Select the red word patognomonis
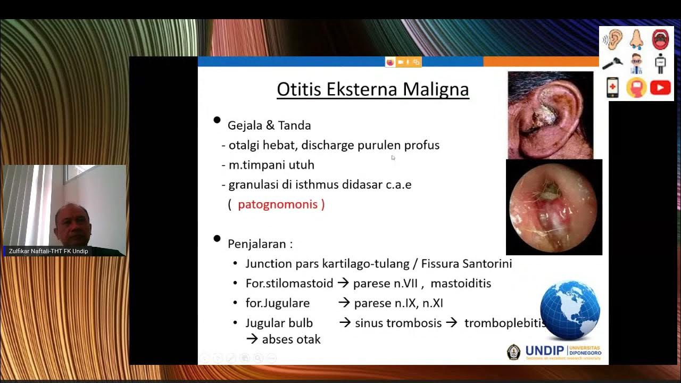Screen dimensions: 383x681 pos(278,204)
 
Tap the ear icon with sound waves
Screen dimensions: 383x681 pos(613,39)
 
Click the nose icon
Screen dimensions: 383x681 pos(636,39)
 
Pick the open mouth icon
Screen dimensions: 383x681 pos(660,39)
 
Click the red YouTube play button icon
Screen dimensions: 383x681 pos(660,87)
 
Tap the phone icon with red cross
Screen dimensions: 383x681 pos(613,87)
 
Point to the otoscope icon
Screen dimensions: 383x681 pos(613,63)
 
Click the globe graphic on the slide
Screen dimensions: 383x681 pos(570,310)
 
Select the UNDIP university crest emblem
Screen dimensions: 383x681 pos(513,352)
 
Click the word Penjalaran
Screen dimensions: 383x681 pos(258,244)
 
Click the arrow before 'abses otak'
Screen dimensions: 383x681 pos(252,339)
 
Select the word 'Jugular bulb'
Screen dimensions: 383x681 pos(279,323)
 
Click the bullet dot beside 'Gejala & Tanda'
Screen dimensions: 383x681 pos(217,120)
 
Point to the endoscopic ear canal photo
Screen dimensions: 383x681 pos(554,207)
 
